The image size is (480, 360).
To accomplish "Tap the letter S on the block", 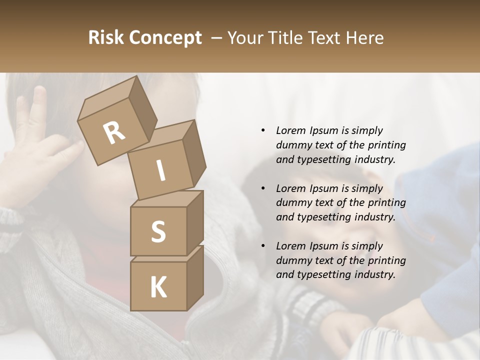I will [x=158, y=232].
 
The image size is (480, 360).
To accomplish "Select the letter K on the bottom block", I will [x=158, y=287].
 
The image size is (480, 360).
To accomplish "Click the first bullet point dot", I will [x=263, y=130].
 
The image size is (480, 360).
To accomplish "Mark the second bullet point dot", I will [x=263, y=188].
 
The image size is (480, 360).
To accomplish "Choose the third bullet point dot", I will [x=263, y=246].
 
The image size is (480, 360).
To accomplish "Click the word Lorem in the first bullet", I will [x=290, y=130].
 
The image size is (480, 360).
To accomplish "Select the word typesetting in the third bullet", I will [x=322, y=274].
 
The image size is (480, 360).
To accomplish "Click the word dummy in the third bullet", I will [x=292, y=260].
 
